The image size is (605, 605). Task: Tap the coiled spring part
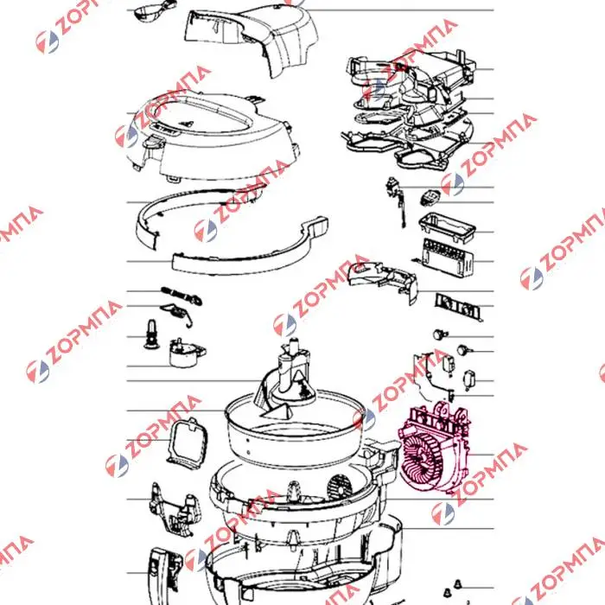pyautogui.click(x=181, y=296)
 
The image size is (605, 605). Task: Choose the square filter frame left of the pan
pyautogui.click(x=188, y=443)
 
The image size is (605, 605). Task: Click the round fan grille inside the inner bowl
pyautogui.click(x=341, y=487)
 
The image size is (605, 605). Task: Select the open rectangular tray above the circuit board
pyautogui.click(x=447, y=228)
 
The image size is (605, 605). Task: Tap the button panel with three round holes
pyautogui.click(x=458, y=307)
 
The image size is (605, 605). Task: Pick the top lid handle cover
pyautogui.click(x=251, y=39)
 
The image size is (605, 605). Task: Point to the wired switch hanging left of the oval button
pyautogui.click(x=396, y=201)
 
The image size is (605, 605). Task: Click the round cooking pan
pyautogui.click(x=296, y=429)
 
